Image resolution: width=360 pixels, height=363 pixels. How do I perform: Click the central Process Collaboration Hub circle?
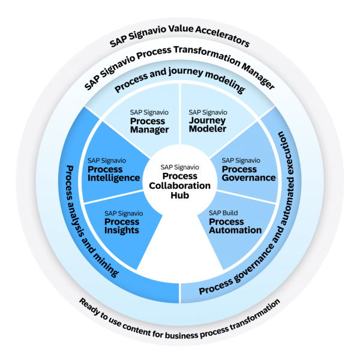tap(180, 181)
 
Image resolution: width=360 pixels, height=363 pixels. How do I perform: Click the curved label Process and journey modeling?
tap(180, 86)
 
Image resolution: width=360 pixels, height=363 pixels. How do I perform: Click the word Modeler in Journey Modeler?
tap(208, 130)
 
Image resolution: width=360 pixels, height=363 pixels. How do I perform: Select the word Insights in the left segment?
tap(122, 230)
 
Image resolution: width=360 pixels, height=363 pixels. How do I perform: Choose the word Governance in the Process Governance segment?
tap(248, 178)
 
